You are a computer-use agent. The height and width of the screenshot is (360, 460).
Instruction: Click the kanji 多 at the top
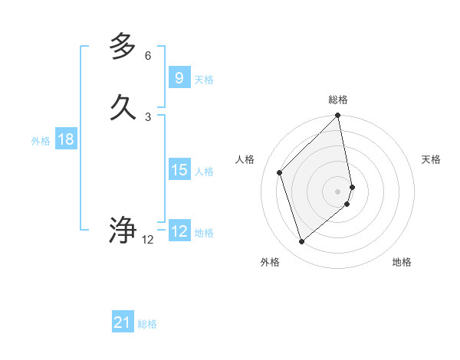coord(123,47)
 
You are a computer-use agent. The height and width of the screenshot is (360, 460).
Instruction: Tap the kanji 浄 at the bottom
coord(123,230)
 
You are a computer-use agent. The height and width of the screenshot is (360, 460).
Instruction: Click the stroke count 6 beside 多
coord(148,56)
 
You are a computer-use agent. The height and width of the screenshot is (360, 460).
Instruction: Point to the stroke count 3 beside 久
coord(148,116)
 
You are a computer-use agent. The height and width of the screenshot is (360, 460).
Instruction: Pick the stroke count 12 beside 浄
coord(148,240)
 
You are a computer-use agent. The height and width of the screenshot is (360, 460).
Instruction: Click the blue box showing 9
coord(179,78)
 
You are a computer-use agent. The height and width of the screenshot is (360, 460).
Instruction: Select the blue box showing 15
coord(179,170)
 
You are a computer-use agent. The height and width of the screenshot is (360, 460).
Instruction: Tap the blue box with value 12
coord(179,231)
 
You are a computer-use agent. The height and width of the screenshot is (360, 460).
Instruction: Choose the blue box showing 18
coord(66,139)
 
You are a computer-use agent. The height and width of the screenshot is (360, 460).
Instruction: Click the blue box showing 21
coord(123,322)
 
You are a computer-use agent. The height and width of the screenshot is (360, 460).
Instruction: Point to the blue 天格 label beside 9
coord(204,80)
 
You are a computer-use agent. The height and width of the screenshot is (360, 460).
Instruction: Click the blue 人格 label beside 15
coord(204,172)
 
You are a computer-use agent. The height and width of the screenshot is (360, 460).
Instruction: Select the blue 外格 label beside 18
coord(41,141)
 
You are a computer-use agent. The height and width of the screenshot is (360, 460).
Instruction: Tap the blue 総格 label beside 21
coord(147,324)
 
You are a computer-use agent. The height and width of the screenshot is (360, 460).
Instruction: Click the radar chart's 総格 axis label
coord(338,100)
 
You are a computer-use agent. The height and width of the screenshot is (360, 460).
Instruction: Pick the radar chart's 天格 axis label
coord(431,159)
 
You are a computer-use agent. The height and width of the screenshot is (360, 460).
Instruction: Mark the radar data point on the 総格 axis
coord(338,116)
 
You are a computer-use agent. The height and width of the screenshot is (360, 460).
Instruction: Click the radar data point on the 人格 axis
coord(280,172)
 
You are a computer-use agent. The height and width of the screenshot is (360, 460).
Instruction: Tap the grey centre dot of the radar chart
coord(338,191)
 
